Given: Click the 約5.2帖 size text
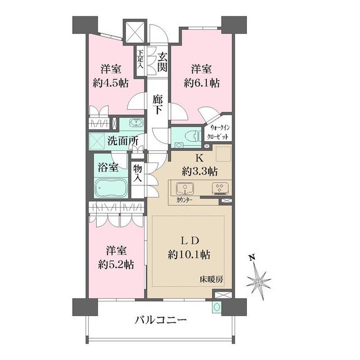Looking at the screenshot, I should pos(116,263).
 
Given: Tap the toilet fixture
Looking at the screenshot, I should pos(189,136).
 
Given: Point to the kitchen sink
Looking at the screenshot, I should pos(184,188).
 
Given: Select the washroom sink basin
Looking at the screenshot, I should pos(136,123).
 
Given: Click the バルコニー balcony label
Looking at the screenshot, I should pos(161,321).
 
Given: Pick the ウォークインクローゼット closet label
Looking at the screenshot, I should pos(217,132).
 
